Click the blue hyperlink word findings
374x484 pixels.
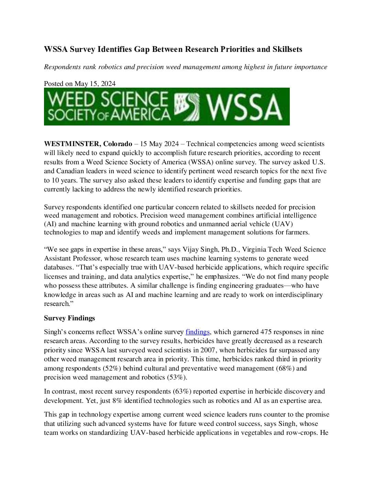(197, 332)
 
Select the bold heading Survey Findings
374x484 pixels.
(69, 318)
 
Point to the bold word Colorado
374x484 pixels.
(118, 144)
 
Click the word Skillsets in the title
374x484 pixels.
(287, 49)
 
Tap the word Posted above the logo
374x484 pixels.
(54, 84)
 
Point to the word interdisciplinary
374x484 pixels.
(299, 295)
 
